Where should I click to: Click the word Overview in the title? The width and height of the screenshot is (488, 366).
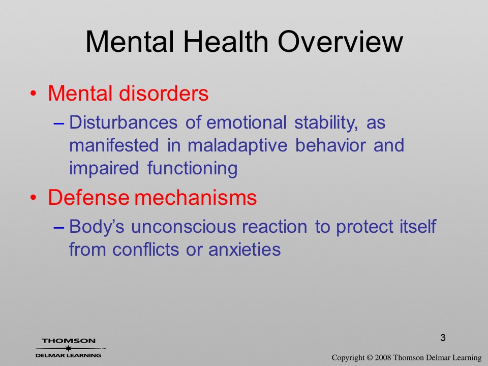340,42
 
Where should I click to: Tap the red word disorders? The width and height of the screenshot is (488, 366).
164,93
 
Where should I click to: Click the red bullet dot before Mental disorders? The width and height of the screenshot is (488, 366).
34,94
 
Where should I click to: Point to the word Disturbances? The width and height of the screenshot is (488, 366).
123,122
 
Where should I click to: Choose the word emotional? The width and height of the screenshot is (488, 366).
246,122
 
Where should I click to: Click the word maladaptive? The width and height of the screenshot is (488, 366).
237,145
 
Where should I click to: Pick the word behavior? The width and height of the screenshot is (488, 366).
330,145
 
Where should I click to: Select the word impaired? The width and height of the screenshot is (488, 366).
104,168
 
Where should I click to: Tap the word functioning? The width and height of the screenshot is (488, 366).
192,168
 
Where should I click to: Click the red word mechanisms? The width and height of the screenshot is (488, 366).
195,197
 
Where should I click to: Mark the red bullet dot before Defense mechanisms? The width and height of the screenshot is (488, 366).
34,198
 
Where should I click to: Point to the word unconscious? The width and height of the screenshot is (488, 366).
184,226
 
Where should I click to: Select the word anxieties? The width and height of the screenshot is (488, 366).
245,249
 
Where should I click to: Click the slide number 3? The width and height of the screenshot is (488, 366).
443,338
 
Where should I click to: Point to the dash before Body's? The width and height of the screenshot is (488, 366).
59,228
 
